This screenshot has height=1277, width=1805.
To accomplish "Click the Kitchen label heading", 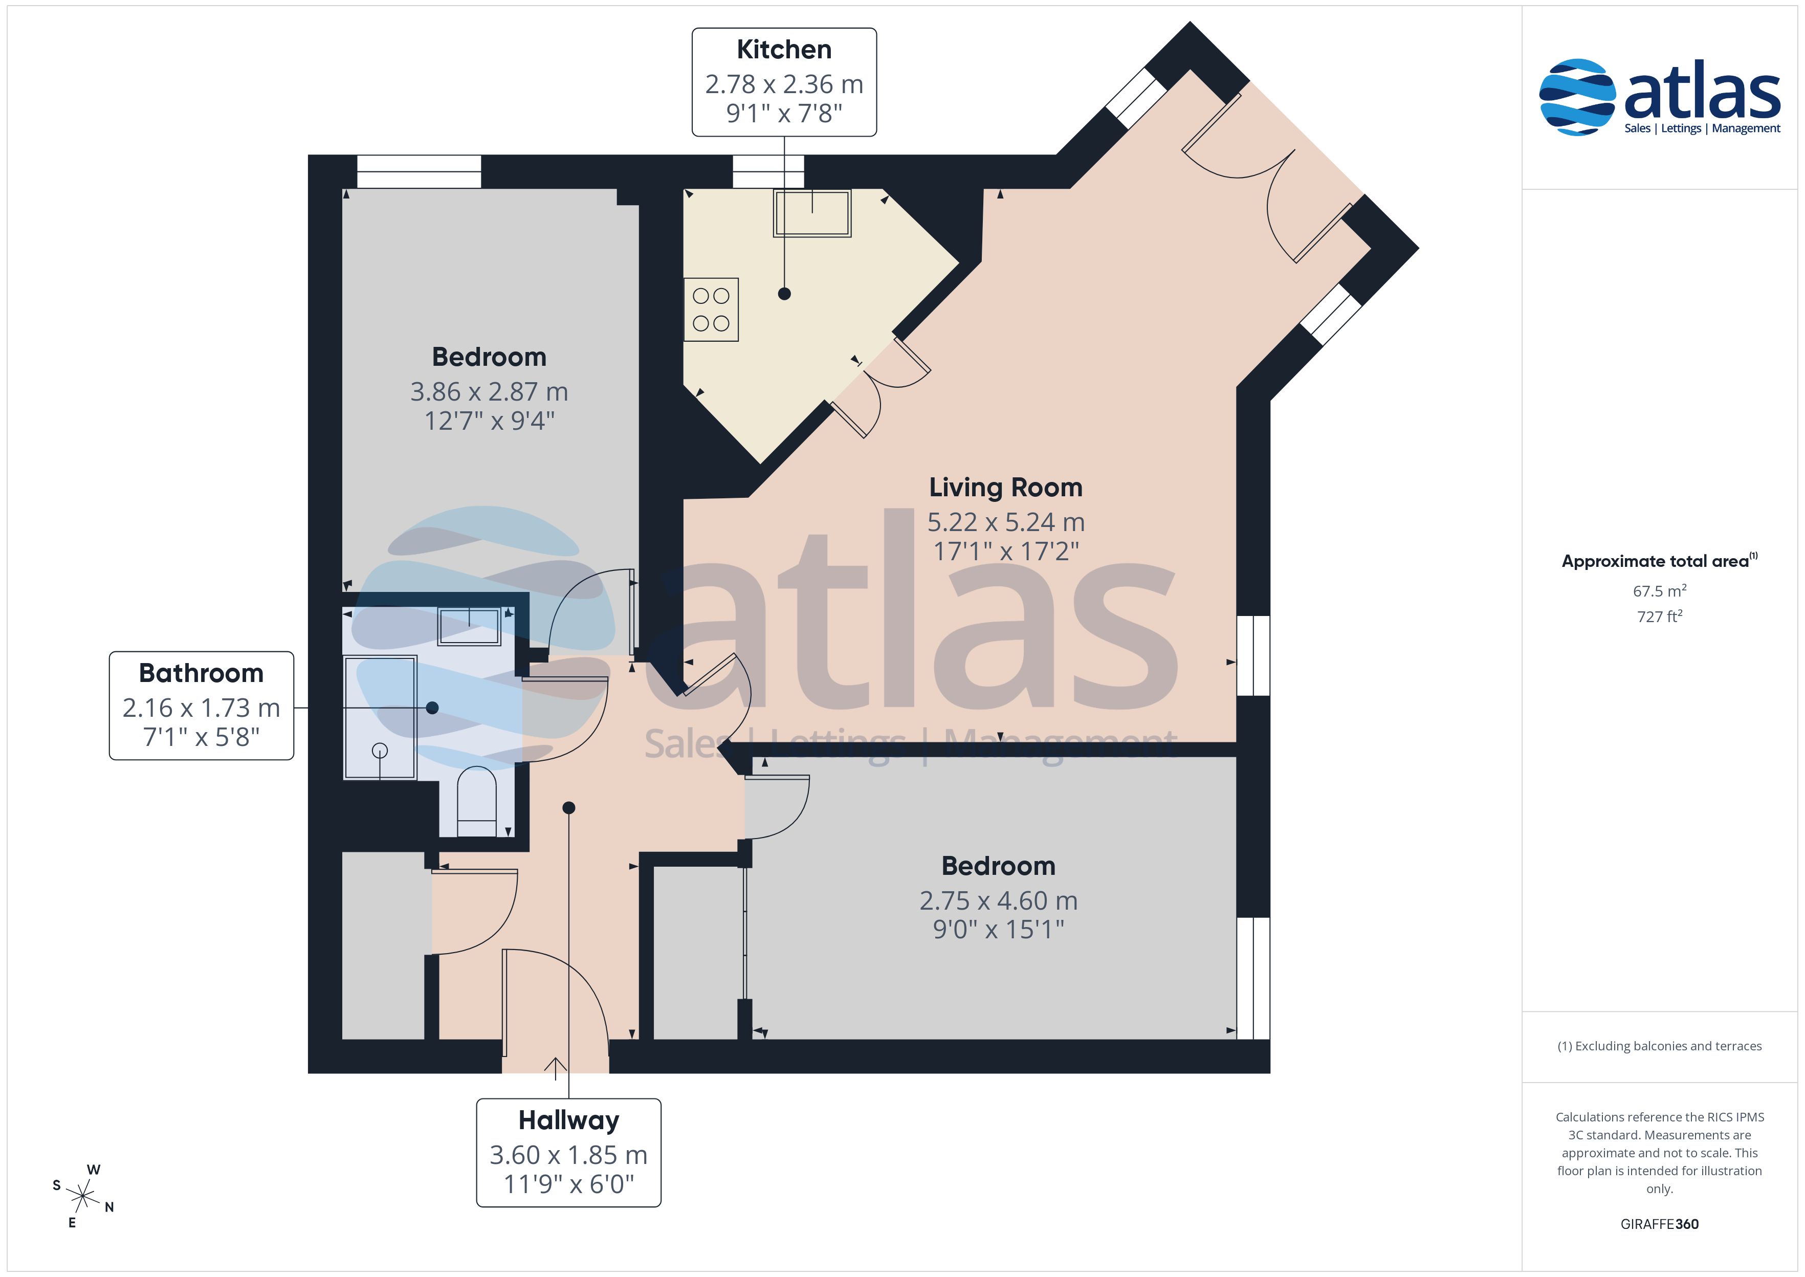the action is pyautogui.click(x=784, y=50).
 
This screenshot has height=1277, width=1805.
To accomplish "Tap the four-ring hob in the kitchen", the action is pyautogui.click(x=711, y=309).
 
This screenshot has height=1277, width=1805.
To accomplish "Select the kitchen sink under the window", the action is pyautogui.click(x=812, y=212).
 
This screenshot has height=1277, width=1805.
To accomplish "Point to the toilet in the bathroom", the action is pyautogui.click(x=476, y=801).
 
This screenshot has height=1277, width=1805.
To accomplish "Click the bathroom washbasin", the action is pyautogui.click(x=469, y=626).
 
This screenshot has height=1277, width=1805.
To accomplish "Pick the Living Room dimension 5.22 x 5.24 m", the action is pyautogui.click(x=1005, y=522).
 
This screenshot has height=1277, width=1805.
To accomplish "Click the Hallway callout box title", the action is pyautogui.click(x=568, y=1120).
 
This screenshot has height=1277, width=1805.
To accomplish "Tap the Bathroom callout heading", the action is pyautogui.click(x=201, y=673).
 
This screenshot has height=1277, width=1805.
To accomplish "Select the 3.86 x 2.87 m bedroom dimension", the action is pyautogui.click(x=489, y=391).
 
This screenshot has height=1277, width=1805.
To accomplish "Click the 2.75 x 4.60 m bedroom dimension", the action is pyautogui.click(x=998, y=900).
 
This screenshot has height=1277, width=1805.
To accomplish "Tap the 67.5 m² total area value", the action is pyautogui.click(x=1659, y=590).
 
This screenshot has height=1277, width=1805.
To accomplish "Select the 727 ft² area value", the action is pyautogui.click(x=1659, y=617).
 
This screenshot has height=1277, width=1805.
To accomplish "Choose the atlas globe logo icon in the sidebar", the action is pyautogui.click(x=1576, y=97).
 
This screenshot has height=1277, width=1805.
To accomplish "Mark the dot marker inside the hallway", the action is pyautogui.click(x=568, y=807).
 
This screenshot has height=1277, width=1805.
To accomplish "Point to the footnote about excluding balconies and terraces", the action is pyautogui.click(x=1659, y=1046).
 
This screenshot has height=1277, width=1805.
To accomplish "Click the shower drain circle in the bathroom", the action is pyautogui.click(x=380, y=750).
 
